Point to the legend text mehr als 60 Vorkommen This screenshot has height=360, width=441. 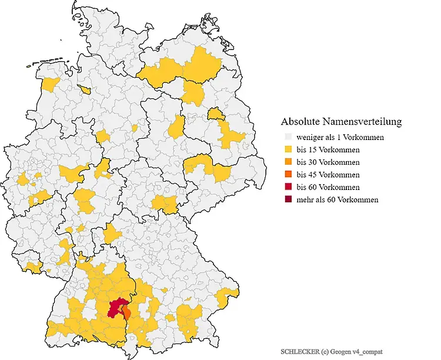[x=338, y=199]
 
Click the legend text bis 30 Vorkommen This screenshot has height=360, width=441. [x=328, y=162]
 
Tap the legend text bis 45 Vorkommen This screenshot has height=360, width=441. [x=328, y=175]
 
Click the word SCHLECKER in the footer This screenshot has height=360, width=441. [x=300, y=351]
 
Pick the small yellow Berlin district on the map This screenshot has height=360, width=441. [x=216, y=112]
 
